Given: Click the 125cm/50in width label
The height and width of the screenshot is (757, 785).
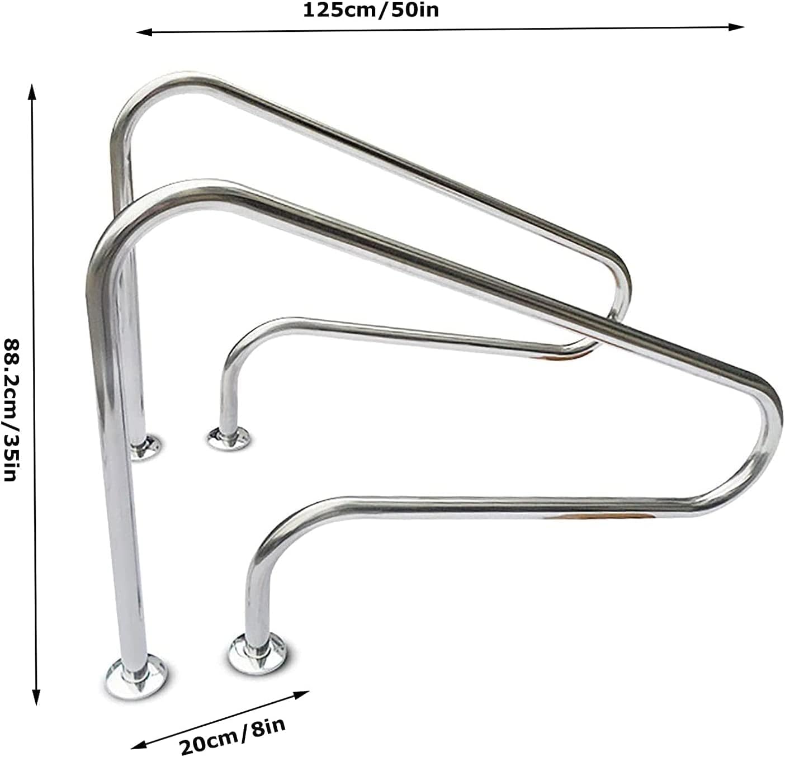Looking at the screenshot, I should pyautogui.click(x=371, y=10).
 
